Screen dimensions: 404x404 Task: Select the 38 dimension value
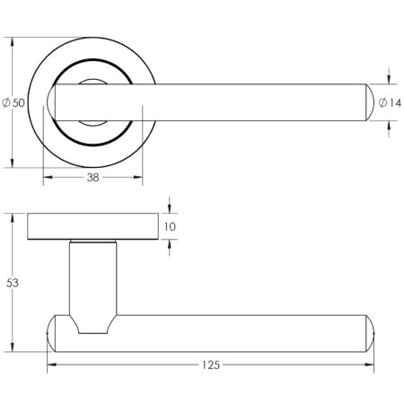coord(92,178)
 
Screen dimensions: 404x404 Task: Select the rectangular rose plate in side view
coord(92,227)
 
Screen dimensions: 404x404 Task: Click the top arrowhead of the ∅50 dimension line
coord(13,42)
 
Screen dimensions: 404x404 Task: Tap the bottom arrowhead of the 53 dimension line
coord(13,348)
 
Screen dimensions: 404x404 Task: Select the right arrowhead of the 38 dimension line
coord(138,178)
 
